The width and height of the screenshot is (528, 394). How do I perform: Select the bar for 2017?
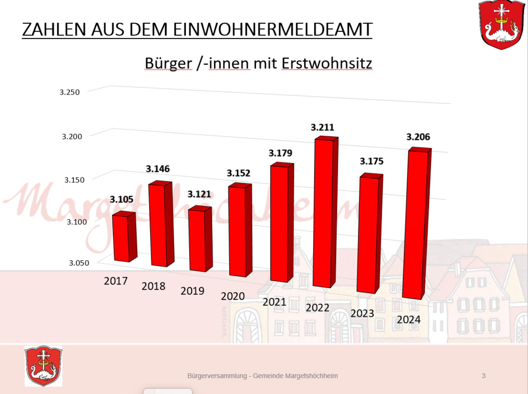[x=122, y=238]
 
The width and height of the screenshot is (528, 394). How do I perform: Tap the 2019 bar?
[x=197, y=241]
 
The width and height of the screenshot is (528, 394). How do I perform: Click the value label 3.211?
[x=322, y=127]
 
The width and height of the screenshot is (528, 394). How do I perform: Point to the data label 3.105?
[x=122, y=199]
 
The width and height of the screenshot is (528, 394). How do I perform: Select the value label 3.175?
[x=372, y=161]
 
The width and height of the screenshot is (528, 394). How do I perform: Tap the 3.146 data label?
[x=158, y=169]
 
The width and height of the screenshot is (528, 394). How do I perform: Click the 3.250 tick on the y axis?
[x=69, y=92]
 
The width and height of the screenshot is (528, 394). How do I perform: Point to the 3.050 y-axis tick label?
[x=79, y=263]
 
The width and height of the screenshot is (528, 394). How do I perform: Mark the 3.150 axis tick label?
[x=74, y=180]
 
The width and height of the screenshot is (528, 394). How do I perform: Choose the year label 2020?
[x=233, y=296]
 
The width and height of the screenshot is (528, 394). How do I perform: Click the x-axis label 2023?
[x=362, y=313]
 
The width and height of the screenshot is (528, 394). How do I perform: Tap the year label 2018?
[x=153, y=286]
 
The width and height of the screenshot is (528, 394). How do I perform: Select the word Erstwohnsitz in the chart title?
[x=327, y=63]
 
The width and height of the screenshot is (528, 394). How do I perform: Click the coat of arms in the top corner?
[x=501, y=25]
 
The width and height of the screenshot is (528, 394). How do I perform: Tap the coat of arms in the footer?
[x=43, y=366]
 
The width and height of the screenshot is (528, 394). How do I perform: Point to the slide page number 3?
[x=484, y=376]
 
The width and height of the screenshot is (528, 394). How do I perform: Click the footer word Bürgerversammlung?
[x=217, y=376]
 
